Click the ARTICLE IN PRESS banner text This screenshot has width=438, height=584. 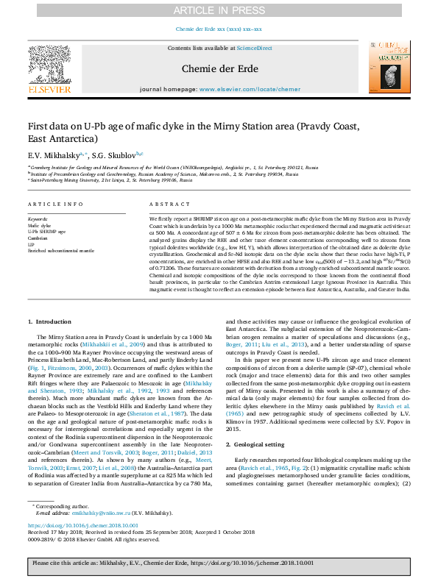click(219, 10)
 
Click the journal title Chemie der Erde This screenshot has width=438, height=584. click(219, 68)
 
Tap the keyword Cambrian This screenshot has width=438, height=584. click(37, 237)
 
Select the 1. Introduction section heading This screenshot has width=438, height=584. click(50, 322)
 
